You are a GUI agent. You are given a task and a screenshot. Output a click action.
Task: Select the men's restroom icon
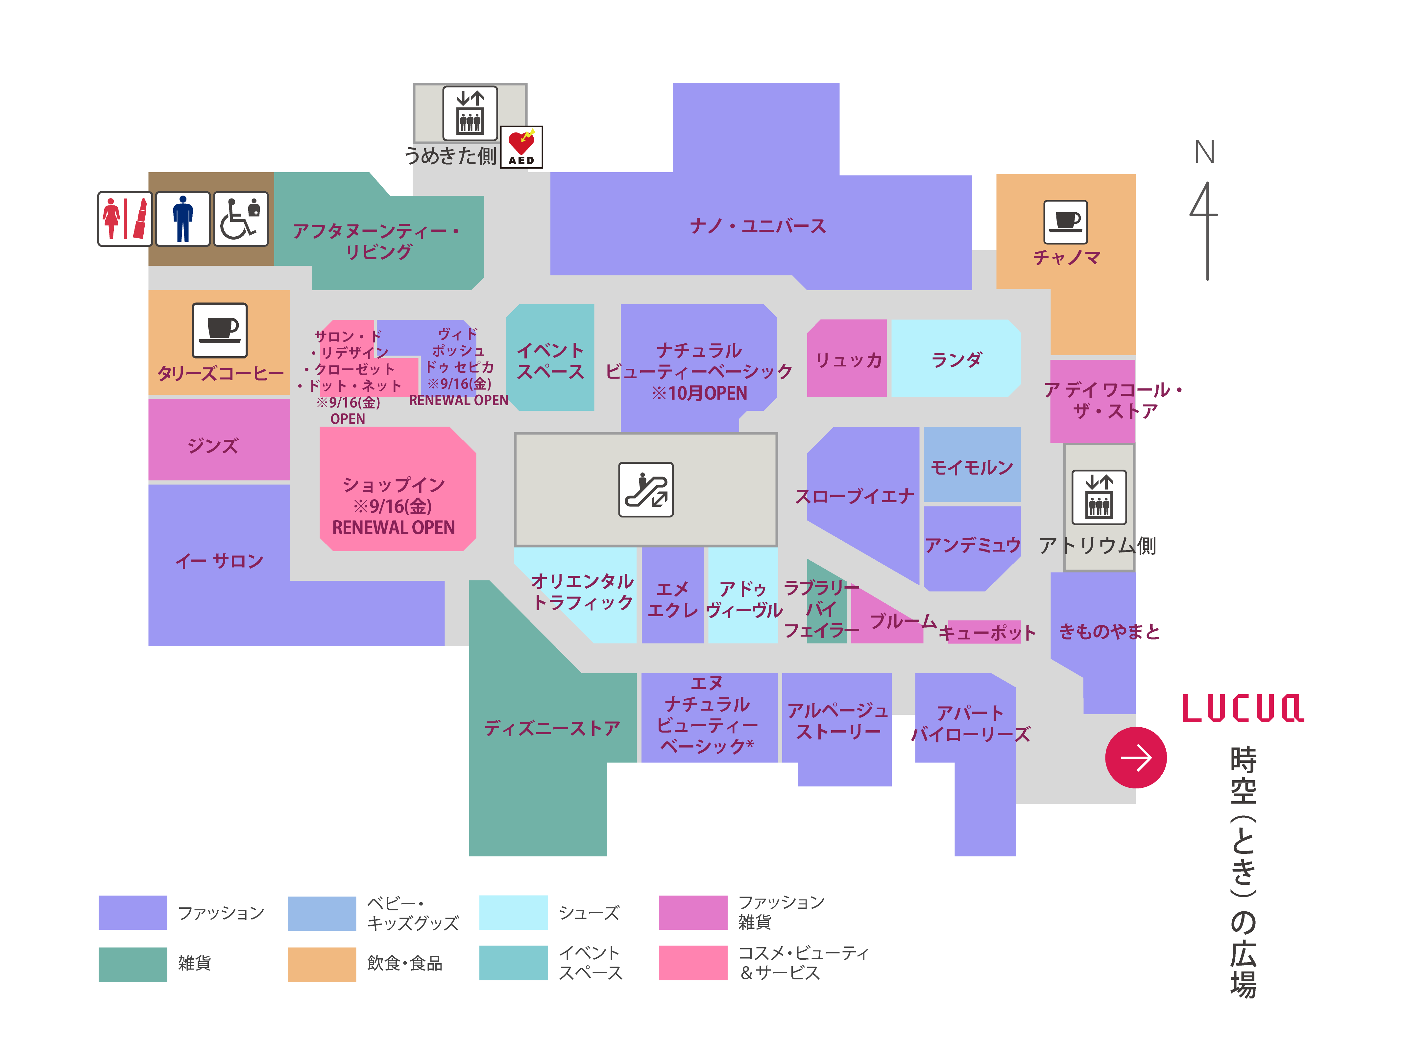[183, 219]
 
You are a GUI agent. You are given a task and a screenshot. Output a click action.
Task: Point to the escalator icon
[646, 490]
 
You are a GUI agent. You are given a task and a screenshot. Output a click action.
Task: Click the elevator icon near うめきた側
[470, 113]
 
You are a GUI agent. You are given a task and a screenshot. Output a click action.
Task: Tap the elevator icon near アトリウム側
[1099, 497]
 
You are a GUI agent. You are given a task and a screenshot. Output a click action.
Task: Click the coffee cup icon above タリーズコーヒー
[219, 330]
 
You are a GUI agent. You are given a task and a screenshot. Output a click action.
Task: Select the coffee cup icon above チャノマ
[1066, 222]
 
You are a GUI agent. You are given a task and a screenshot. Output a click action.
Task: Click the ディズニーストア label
[552, 728]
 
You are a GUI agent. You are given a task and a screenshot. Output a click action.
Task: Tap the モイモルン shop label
[972, 467]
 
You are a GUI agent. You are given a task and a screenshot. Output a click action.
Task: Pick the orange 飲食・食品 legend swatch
[322, 964]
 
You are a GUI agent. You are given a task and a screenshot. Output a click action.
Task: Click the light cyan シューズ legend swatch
[513, 913]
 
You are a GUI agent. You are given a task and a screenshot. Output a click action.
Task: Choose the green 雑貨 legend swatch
[133, 964]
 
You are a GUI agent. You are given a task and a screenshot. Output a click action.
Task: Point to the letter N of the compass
[1204, 152]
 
